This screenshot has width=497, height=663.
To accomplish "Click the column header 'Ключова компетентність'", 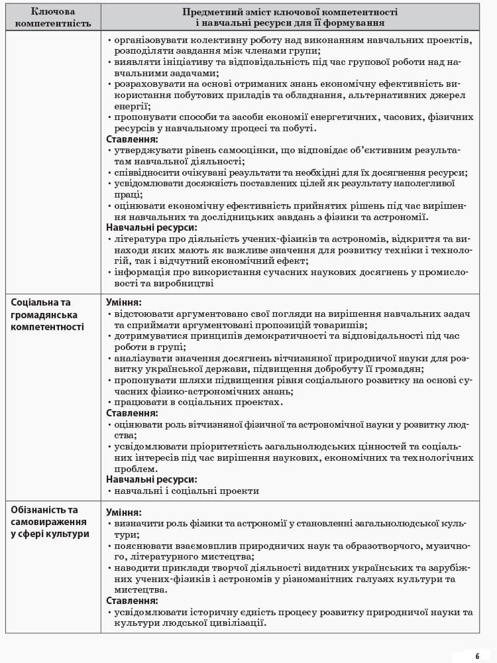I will coord(53,17).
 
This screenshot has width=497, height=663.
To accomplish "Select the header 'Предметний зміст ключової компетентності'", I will coord(290,12).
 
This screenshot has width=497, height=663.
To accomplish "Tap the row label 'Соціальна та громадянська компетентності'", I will coord(45,314).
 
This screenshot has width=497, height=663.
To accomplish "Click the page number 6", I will coord(476,656).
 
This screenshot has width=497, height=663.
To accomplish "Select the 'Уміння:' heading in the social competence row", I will coord(123,302).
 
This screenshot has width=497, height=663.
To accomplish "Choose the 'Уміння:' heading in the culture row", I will coord(123,512).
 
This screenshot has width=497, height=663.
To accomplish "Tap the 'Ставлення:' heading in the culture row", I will coord(132,601).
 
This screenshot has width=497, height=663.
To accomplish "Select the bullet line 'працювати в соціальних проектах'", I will coord(198,402).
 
